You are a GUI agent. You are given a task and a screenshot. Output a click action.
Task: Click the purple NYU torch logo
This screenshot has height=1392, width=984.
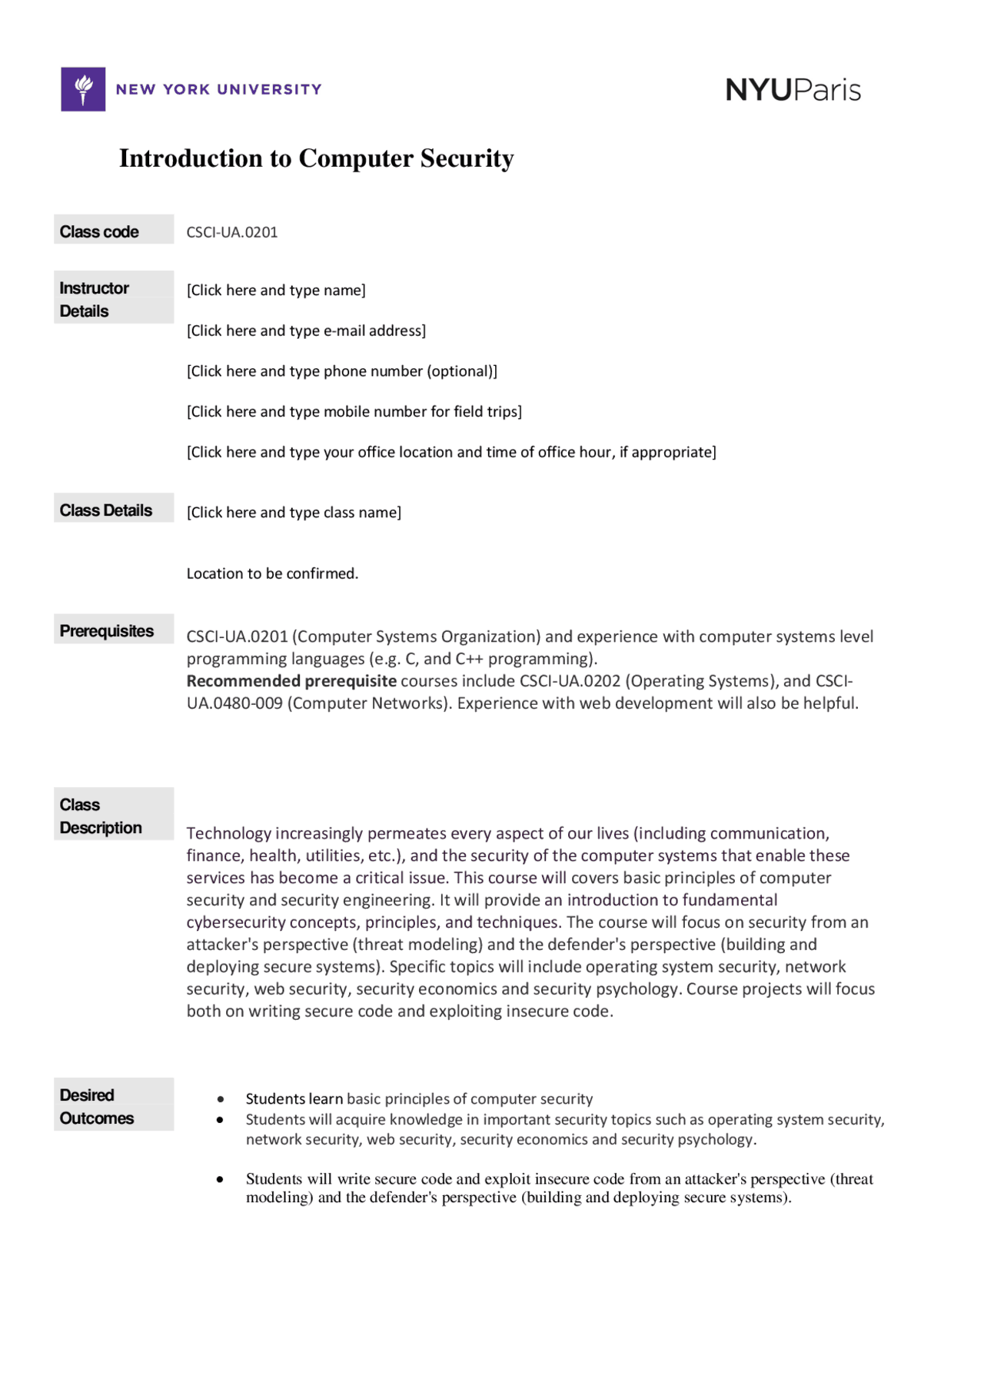coord(83,89)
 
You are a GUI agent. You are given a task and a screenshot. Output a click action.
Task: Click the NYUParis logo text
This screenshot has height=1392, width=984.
coord(793,90)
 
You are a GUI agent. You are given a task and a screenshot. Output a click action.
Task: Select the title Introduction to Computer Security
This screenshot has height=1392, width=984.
coord(316,158)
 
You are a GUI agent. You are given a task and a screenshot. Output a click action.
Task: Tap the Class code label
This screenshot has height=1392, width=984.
coord(99,231)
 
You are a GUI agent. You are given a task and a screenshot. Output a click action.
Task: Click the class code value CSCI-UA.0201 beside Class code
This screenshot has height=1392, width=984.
coord(231,232)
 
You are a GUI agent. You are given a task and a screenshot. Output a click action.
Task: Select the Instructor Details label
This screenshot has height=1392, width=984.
coord(94,299)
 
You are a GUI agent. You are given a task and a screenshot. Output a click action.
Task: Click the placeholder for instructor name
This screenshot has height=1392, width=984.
coord(276,290)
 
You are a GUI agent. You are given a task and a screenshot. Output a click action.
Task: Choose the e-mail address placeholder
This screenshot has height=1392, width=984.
coord(306,331)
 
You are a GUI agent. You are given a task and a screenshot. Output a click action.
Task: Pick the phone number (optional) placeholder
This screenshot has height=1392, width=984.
coord(341,371)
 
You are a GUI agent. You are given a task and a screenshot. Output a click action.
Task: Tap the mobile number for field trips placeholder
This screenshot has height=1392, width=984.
coord(354,411)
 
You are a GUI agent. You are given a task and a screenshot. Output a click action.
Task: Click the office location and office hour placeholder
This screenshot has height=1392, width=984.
coord(451,452)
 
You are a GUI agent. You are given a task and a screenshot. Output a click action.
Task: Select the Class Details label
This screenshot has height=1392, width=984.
coord(106,510)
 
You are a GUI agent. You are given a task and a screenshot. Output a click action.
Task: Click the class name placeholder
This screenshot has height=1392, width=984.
coord(294,512)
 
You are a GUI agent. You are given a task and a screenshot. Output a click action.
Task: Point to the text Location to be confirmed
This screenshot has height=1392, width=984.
coord(272,573)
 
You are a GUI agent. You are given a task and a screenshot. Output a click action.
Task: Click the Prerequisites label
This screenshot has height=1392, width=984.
coord(107,631)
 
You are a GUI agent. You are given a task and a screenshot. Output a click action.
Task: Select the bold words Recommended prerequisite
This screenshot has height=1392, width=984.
coord(291,681)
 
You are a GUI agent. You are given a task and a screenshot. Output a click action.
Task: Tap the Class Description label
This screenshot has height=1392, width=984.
coord(101,816)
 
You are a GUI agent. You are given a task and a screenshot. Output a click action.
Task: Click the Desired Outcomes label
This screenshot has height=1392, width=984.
coord(97,1106)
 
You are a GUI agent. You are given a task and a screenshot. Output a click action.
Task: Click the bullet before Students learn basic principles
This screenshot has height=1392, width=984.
coord(221,1099)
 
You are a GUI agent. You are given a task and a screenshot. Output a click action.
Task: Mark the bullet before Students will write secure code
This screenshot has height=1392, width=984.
coord(221,1179)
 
